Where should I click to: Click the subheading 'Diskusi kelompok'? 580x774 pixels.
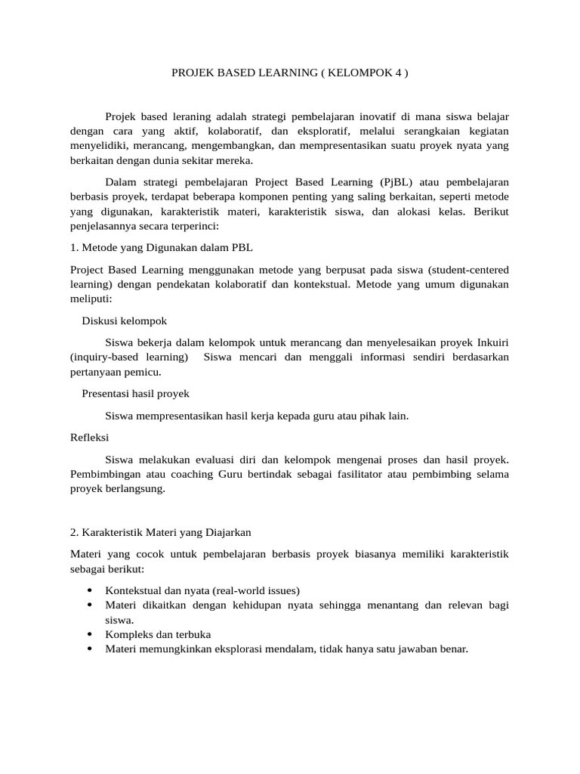[124, 320]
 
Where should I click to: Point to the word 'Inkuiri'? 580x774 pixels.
[492, 342]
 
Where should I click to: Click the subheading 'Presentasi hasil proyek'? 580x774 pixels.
[135, 394]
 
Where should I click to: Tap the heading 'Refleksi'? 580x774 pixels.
[89, 437]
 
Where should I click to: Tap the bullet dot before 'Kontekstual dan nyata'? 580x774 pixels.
[89, 590]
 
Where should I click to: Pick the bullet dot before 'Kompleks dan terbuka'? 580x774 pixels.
[89, 634]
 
